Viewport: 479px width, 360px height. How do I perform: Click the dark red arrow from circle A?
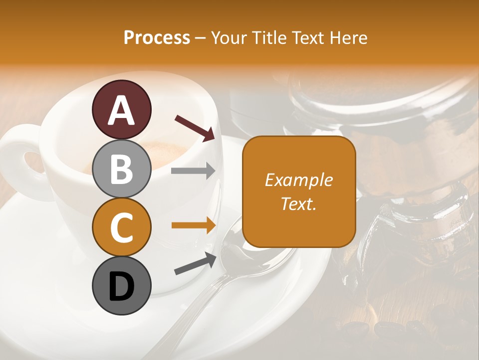(x=195, y=128)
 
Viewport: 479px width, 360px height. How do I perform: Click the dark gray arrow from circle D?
(x=195, y=264)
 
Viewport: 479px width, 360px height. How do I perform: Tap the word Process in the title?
(x=157, y=37)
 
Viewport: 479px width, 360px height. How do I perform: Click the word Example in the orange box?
(x=298, y=180)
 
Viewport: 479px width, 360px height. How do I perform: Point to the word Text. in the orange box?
(x=298, y=203)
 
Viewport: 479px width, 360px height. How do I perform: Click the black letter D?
(x=121, y=286)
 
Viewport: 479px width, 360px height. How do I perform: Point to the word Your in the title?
(x=229, y=37)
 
